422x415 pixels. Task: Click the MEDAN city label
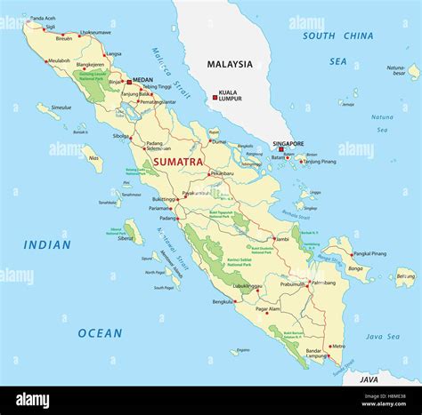[142, 80]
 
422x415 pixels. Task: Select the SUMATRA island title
[178, 163]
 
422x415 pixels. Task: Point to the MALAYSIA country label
[230, 64]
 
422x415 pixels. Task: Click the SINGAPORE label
[288, 143]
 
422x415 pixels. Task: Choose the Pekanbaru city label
[223, 174]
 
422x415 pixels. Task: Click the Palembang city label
[321, 283]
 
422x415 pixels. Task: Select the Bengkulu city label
[223, 302]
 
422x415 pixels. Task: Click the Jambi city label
[281, 239]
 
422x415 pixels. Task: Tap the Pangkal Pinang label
[369, 253]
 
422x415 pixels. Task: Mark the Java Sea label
[382, 337]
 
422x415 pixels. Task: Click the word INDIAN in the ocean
[47, 244]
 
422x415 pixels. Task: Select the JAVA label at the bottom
[369, 379]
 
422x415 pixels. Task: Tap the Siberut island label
[126, 238]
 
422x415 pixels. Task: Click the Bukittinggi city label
[166, 200]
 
